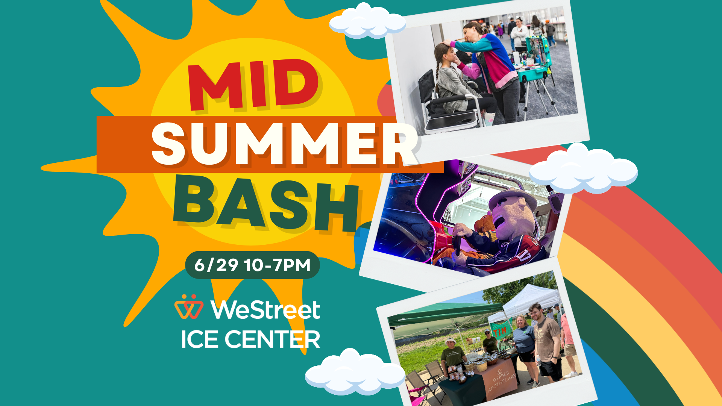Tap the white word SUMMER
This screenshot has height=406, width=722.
pos(284,145)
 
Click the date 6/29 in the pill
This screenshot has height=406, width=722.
pos(216,265)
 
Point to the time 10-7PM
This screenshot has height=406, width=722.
pos(277,265)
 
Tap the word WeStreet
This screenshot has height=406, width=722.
pos(265,310)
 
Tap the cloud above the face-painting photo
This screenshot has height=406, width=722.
pos(367,22)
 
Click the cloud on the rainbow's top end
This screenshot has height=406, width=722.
pos(583,168)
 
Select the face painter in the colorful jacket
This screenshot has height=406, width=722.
pos(489,64)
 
